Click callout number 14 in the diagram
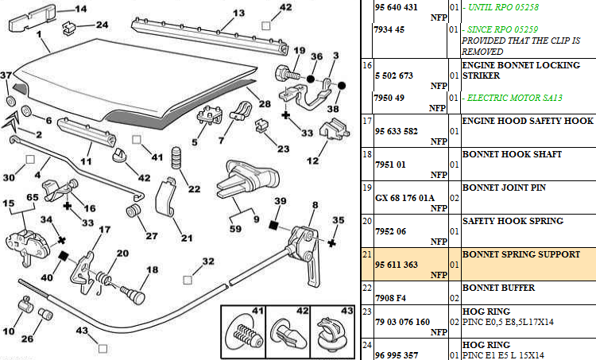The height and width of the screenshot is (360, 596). coord(79,10)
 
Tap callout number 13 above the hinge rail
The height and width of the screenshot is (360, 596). coord(215,14)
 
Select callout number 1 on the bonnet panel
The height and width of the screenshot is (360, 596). coord(39,37)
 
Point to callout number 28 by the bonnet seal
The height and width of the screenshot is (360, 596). coord(264,104)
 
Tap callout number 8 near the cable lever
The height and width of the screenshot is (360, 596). coord(314,205)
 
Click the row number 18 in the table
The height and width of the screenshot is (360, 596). coord(367,155)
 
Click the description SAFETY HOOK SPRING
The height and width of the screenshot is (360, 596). coord(512,221)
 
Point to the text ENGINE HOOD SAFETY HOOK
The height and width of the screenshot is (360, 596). coord(528,121)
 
